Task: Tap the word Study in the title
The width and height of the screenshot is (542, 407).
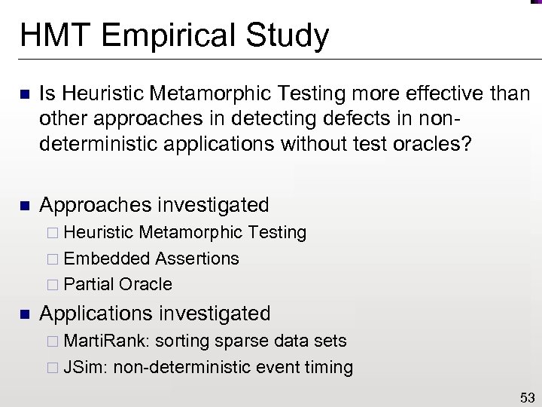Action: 290,36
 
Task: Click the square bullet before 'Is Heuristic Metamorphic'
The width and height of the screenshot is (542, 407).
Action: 23,94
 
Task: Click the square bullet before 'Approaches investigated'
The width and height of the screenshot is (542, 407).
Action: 23,206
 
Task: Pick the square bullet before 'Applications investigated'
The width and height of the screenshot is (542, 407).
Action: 23,314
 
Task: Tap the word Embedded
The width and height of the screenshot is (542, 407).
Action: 107,259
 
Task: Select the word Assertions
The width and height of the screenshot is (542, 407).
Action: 196,259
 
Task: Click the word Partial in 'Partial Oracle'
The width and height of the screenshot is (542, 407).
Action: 89,284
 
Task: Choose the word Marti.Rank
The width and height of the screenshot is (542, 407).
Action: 107,341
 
